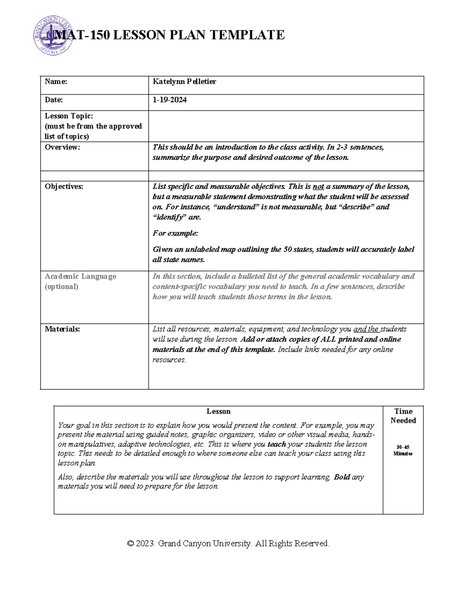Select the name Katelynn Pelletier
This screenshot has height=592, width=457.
(x=184, y=82)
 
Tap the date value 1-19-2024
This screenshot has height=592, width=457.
(x=169, y=100)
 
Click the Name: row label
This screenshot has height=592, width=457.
(x=56, y=82)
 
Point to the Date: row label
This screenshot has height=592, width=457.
(x=54, y=100)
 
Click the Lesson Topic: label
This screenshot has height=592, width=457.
(x=69, y=116)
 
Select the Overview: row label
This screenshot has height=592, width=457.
(x=62, y=147)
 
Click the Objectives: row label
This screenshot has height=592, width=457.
(x=64, y=186)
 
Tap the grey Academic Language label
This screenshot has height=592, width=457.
(x=80, y=276)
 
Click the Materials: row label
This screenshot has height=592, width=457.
(x=62, y=329)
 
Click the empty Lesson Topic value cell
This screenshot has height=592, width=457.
(x=286, y=126)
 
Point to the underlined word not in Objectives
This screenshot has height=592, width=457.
(x=318, y=187)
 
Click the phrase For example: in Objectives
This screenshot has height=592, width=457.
(x=175, y=233)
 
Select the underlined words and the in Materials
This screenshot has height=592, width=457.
(x=366, y=329)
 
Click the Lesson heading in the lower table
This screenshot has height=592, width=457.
(x=218, y=412)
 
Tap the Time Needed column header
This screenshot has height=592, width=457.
(x=403, y=416)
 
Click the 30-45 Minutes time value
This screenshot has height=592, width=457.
(x=403, y=450)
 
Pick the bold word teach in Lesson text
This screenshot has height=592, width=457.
(x=276, y=444)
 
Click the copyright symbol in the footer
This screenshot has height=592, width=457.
(x=131, y=544)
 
